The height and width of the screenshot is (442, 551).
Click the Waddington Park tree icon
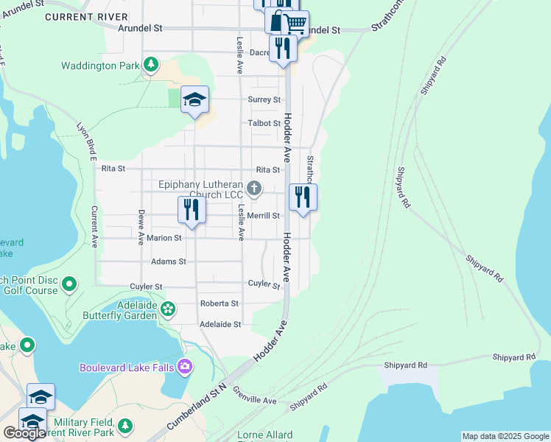click(x=151, y=66)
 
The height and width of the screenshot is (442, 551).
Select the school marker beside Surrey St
click(x=194, y=100)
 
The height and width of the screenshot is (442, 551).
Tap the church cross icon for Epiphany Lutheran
click(x=254, y=189)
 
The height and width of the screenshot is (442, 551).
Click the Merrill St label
click(x=264, y=216)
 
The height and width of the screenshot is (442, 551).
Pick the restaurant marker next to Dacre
click(x=283, y=49)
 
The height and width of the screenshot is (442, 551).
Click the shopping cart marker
click(x=295, y=23)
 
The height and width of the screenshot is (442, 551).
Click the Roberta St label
click(x=220, y=304)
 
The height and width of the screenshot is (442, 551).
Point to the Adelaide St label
click(x=221, y=324)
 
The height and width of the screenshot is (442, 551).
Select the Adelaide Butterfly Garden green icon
click(x=169, y=309)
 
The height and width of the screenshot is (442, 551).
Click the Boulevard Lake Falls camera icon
click(x=184, y=366)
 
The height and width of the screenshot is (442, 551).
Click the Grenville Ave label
click(x=254, y=395)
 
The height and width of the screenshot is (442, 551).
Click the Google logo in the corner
click(x=24, y=433)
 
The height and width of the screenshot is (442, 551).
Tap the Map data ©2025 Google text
click(x=505, y=436)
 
